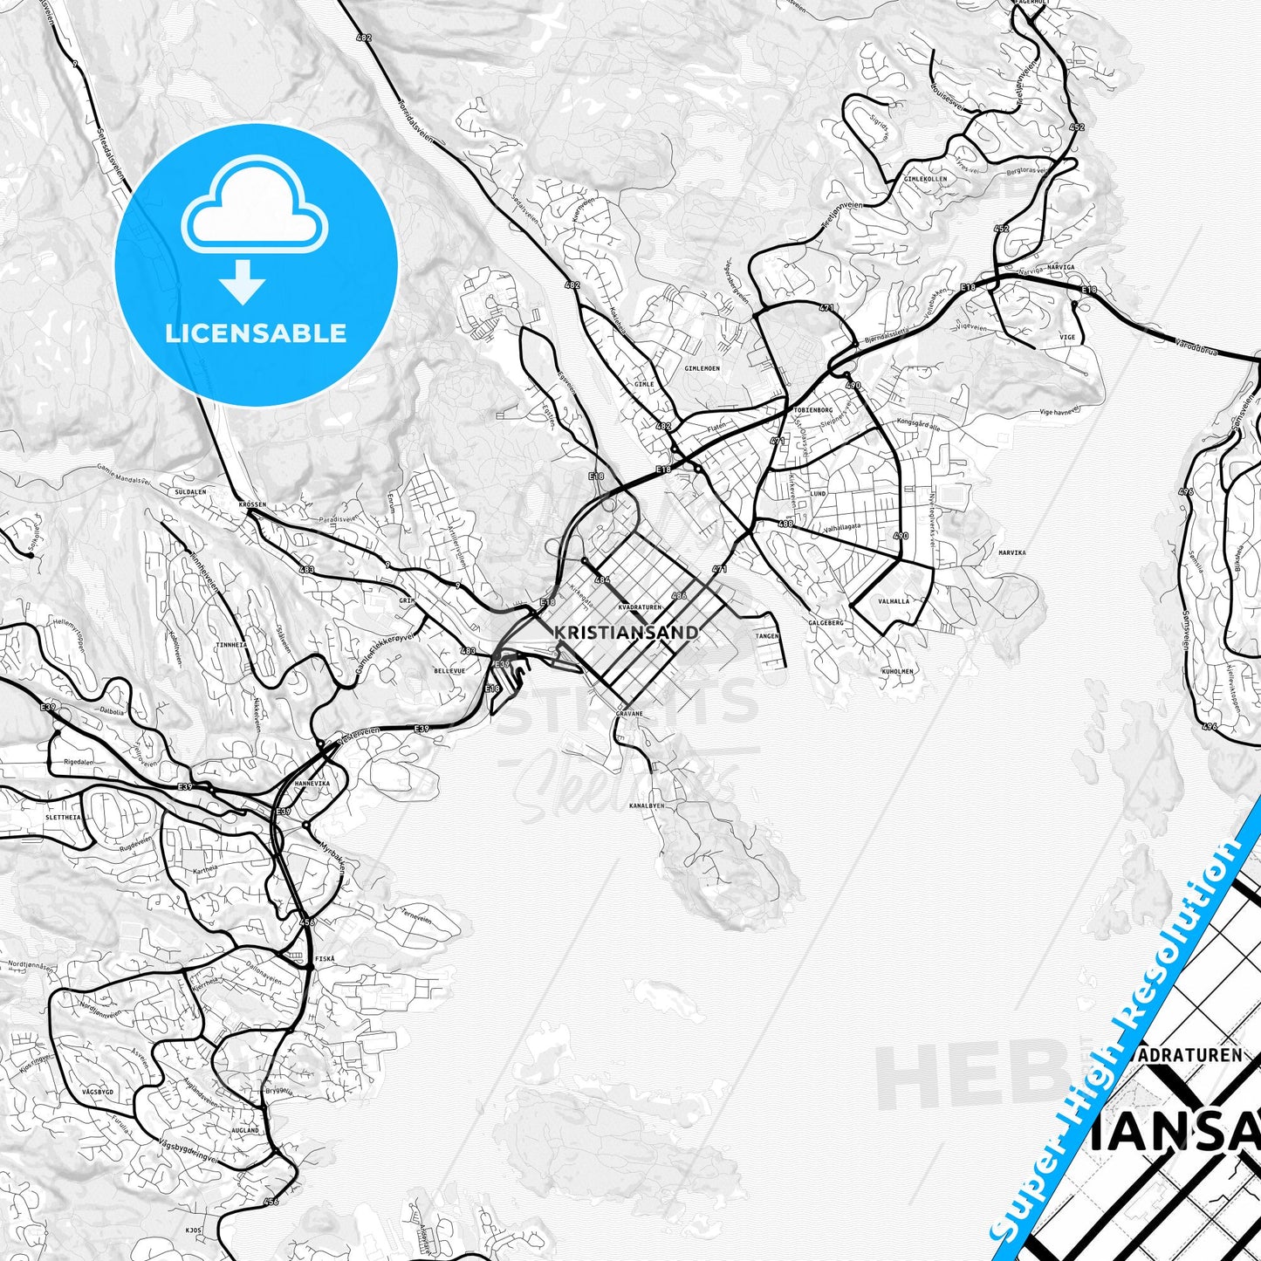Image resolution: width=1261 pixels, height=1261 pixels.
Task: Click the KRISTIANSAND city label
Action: pyautogui.click(x=626, y=632)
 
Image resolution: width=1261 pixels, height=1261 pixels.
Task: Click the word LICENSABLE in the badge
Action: pyautogui.click(x=256, y=333)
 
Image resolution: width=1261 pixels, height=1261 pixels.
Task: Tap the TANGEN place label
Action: pyautogui.click(x=767, y=637)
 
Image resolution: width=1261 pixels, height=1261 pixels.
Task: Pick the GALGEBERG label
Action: pyautogui.click(x=826, y=623)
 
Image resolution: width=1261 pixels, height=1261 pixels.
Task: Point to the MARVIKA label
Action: pyautogui.click(x=1011, y=552)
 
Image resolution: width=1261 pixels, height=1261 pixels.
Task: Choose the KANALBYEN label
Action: pyautogui.click(x=647, y=805)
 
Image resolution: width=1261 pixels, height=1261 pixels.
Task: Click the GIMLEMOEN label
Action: pyautogui.click(x=702, y=368)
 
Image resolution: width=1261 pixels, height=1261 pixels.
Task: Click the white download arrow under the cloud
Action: pyautogui.click(x=243, y=281)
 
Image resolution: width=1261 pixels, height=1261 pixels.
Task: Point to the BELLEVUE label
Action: pyautogui.click(x=449, y=671)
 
